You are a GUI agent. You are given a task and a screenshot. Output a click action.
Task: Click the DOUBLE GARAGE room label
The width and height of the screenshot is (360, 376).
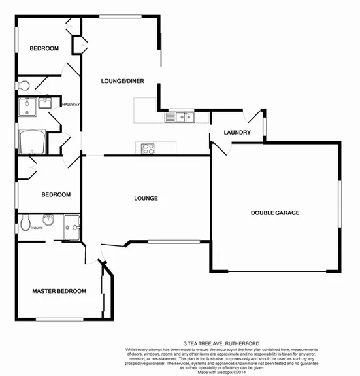click(275, 213)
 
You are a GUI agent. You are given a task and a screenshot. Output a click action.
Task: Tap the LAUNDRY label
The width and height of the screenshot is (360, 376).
click(237, 133)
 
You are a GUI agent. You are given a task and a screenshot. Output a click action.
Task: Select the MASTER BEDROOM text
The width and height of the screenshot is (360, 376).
click(59, 291)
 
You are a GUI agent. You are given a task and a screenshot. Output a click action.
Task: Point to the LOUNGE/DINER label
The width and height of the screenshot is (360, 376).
click(122, 81)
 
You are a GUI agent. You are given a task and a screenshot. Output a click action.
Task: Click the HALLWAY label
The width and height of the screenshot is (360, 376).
click(70, 105)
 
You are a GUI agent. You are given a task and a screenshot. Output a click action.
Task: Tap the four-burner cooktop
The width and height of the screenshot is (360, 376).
click(146, 148)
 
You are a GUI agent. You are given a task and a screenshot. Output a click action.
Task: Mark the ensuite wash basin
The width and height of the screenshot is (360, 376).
click(48, 220)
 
